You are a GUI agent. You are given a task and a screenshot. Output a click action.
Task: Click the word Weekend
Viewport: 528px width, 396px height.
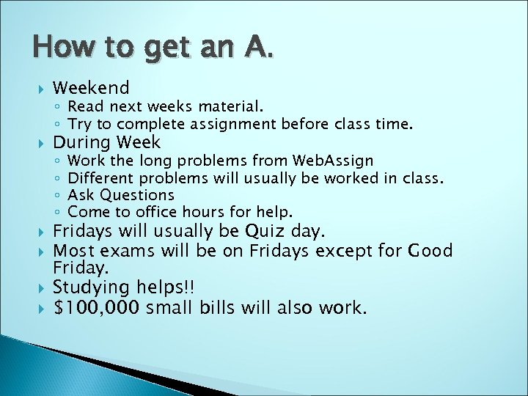[x=91, y=88]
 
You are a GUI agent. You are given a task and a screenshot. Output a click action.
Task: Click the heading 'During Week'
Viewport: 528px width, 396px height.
[x=106, y=142]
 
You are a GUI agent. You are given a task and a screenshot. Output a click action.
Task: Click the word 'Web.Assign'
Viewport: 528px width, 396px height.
[x=333, y=160]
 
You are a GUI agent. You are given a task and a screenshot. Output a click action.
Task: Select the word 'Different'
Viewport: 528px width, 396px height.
[x=101, y=177]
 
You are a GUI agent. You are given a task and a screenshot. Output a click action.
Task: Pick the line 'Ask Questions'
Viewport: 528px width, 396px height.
[x=121, y=195]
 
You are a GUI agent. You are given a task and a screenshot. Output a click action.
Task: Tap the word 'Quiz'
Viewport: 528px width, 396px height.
[x=263, y=232]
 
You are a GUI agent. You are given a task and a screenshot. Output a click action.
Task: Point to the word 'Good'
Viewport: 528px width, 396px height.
[x=431, y=252]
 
